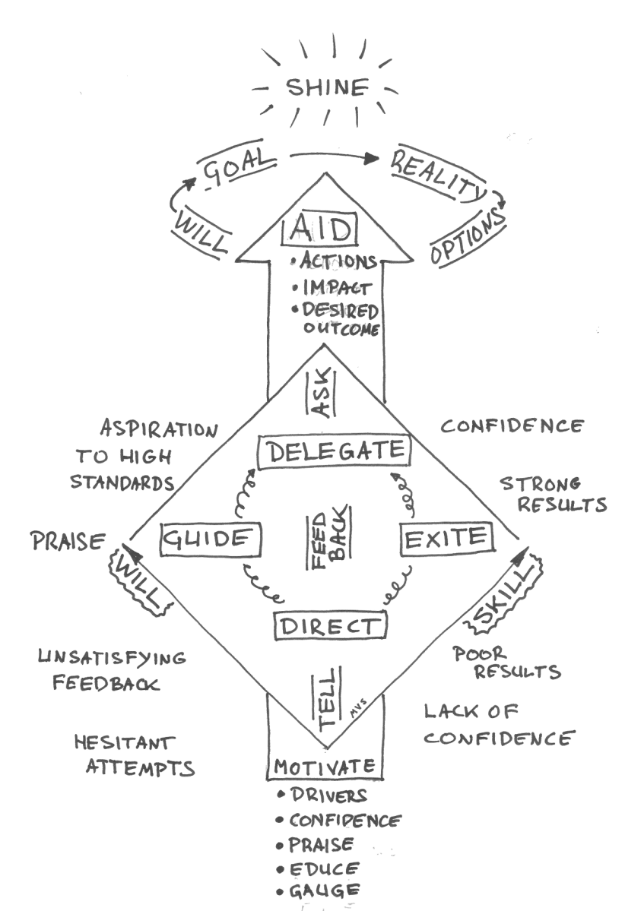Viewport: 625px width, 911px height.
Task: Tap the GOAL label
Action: point(235,168)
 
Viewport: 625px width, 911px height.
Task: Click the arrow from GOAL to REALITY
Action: point(335,157)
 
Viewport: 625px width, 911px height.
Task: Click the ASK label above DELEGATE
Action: point(319,394)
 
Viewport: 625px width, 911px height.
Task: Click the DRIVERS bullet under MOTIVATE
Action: point(327,795)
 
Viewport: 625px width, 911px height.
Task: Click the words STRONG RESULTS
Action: point(552,494)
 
